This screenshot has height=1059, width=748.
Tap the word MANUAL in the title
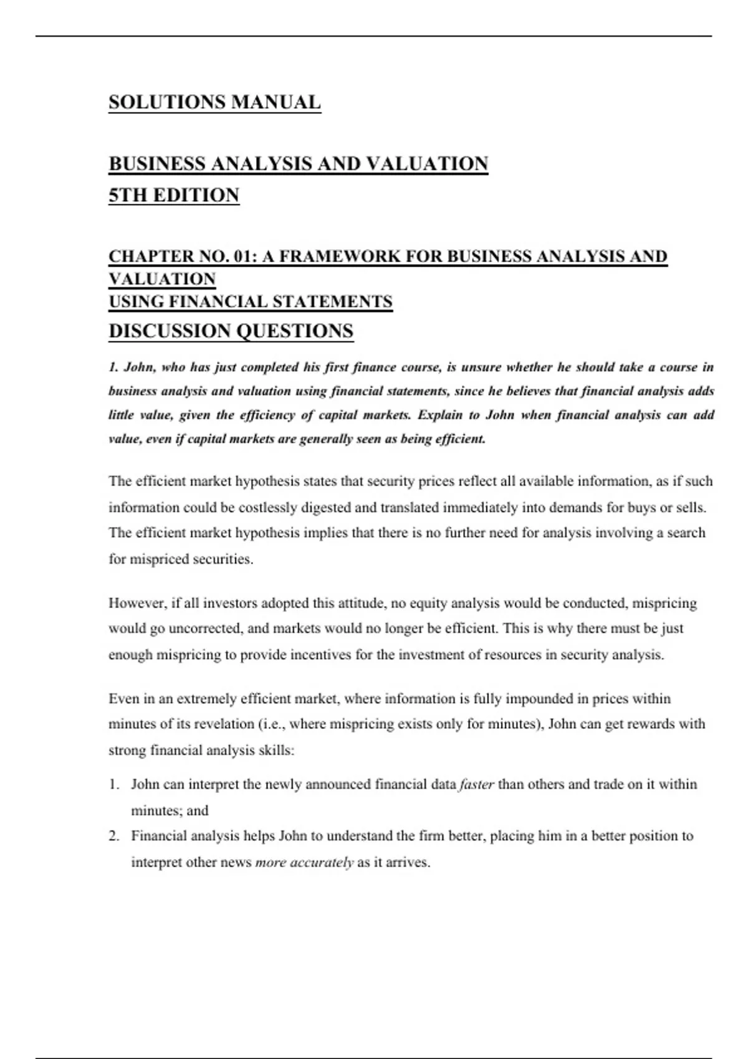(x=276, y=102)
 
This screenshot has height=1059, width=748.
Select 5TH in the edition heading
(x=128, y=196)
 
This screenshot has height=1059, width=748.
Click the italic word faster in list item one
(x=476, y=785)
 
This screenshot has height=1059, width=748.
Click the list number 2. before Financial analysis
(x=114, y=837)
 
